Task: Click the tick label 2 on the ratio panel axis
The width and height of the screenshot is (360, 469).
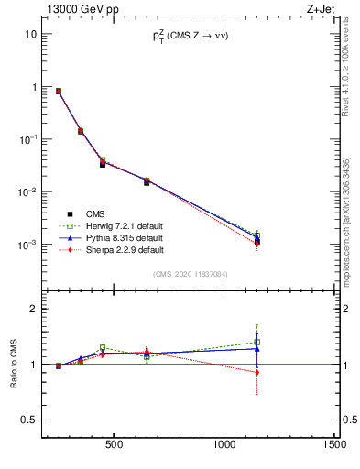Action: click(32, 310)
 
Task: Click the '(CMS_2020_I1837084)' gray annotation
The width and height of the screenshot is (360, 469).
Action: click(191, 274)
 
